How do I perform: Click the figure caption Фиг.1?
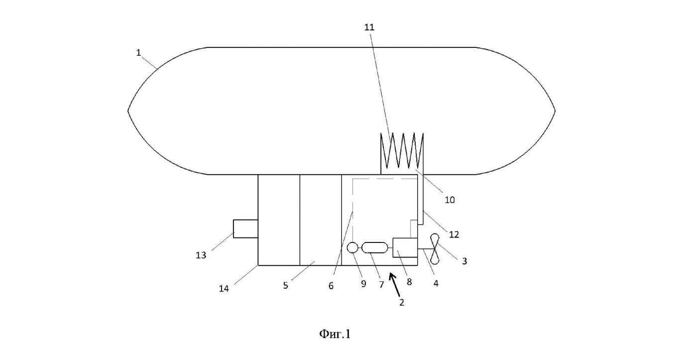point(335,334)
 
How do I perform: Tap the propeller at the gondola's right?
point(435,249)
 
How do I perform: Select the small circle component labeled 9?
point(352,247)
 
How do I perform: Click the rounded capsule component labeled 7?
point(374,247)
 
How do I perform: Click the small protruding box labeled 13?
point(245,229)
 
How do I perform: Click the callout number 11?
point(369,27)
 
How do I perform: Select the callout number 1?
point(138,53)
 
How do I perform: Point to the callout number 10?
point(450,200)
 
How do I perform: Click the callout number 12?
point(454,235)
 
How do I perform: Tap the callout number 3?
point(464,261)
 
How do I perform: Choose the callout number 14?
point(224,289)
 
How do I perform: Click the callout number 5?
point(286,285)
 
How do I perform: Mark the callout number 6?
point(331,286)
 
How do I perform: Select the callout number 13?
point(201,255)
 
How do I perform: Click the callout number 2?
point(402,303)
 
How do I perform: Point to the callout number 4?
point(436,284)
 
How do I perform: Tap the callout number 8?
point(409,282)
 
